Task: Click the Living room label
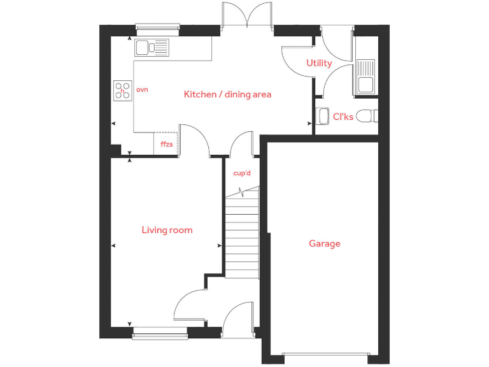[x=167, y=230]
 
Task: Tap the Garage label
[x=325, y=243]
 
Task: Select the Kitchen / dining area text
[x=227, y=94]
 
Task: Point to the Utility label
[x=319, y=63]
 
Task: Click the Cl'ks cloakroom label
[x=343, y=117]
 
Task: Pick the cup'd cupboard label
[x=242, y=173]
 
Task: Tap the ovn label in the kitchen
[x=142, y=90]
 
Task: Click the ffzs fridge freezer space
[x=166, y=144]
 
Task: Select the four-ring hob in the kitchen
[x=122, y=90]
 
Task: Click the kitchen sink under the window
[x=152, y=47]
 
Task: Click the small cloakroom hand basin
[x=321, y=117]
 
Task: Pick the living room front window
[x=160, y=331]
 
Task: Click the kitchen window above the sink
[x=156, y=26]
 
